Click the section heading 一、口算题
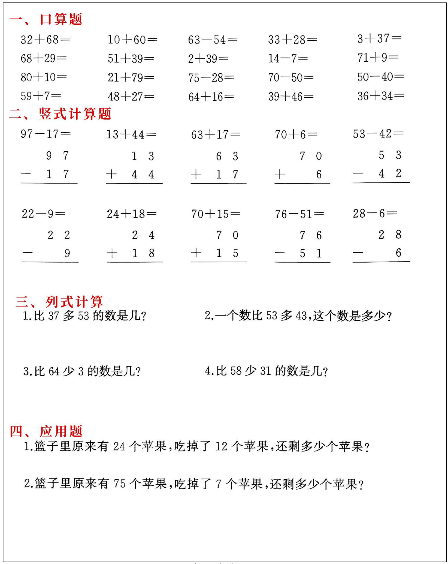tap(46, 20)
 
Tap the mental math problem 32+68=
tap(45, 40)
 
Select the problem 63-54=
tap(213, 40)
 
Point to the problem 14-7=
tap(288, 58)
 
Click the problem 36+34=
tap(380, 96)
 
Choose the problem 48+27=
tap(131, 97)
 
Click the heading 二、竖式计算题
tap(60, 114)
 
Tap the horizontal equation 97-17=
tap(46, 134)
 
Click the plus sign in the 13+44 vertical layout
tap(111, 174)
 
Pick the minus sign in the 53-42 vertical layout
tap(358, 173)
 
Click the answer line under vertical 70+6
tap(302, 184)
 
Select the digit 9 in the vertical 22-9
tap(67, 253)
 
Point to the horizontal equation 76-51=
tap(299, 214)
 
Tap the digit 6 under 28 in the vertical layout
tap(398, 253)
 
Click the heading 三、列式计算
tap(59, 302)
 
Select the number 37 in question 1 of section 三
tap(53, 316)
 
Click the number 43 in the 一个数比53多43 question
tap(301, 316)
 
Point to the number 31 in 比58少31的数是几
tap(265, 371)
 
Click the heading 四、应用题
tap(46, 431)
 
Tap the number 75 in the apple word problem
tap(119, 484)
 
